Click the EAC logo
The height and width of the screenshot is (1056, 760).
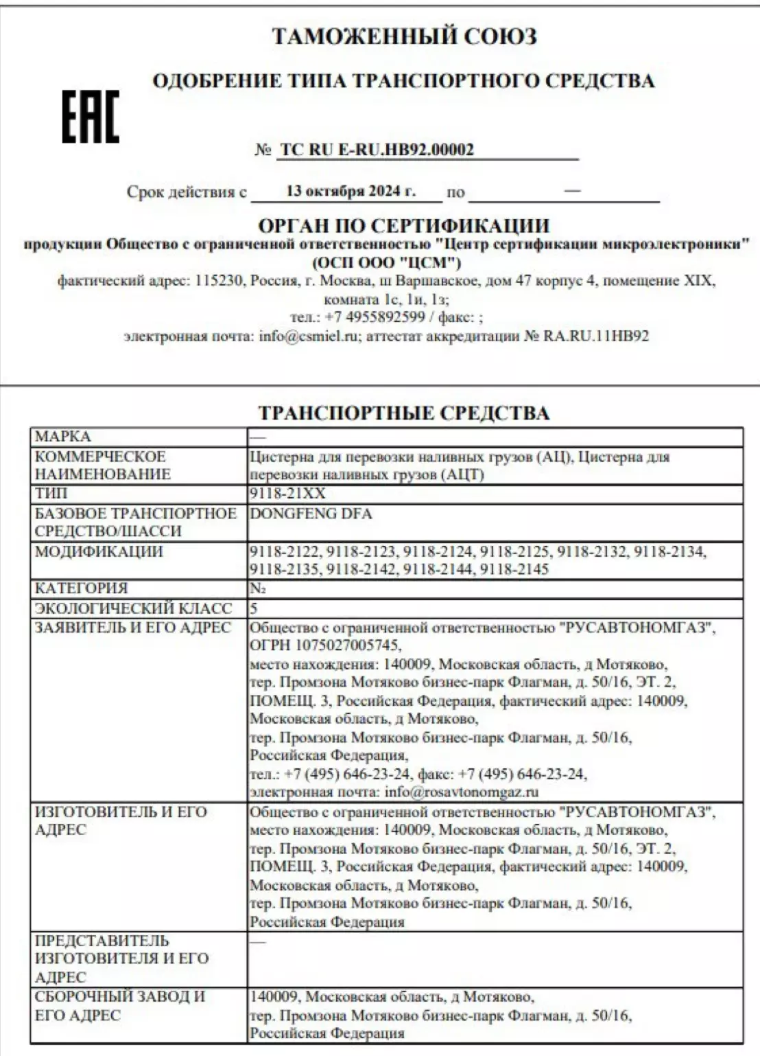click(x=91, y=117)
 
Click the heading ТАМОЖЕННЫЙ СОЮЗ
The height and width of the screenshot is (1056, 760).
click(x=404, y=36)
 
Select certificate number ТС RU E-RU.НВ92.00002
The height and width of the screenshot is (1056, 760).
click(x=377, y=150)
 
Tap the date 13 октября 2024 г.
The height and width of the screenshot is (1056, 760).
click(x=351, y=191)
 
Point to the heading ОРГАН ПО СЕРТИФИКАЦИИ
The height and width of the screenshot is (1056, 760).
click(x=403, y=225)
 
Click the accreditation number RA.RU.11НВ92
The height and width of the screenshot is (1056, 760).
click(x=596, y=336)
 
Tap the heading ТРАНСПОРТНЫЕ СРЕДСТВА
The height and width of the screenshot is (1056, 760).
click(x=403, y=413)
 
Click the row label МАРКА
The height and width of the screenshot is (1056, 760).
click(x=62, y=437)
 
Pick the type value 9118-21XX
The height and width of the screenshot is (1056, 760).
click(x=287, y=494)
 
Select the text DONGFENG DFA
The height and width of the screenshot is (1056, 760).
click(x=311, y=514)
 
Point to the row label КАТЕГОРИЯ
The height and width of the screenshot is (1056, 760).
click(x=81, y=588)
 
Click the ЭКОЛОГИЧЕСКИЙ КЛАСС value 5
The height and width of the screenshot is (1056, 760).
click(x=254, y=608)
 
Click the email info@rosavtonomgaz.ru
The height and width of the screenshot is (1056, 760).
click(x=462, y=792)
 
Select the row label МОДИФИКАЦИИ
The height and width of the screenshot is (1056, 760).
click(x=98, y=551)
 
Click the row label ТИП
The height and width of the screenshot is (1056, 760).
click(x=51, y=494)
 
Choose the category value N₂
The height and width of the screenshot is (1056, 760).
click(x=257, y=588)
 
